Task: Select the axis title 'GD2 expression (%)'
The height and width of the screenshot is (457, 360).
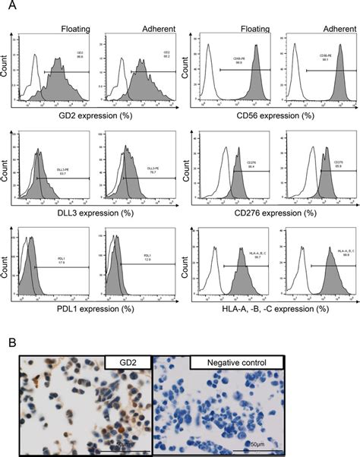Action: coord(92,115)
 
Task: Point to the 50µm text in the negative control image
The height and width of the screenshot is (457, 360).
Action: coord(261,443)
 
